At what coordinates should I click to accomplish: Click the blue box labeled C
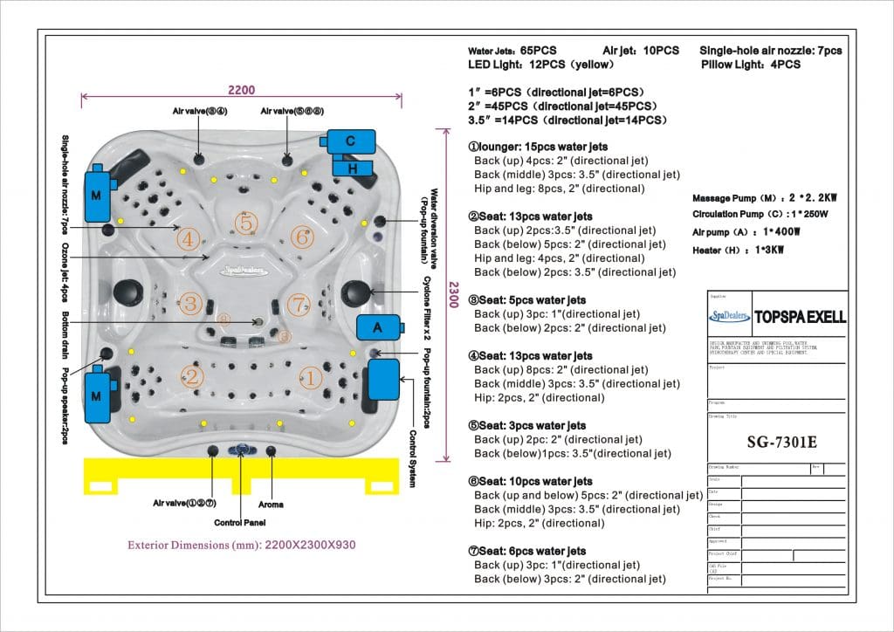tap(350, 141)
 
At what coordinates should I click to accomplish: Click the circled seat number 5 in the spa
tap(247, 223)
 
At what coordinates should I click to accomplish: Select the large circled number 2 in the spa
tap(191, 377)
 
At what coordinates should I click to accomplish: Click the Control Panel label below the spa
tap(240, 523)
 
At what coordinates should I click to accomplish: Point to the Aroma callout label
tap(271, 505)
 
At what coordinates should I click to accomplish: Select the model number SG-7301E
tap(776, 442)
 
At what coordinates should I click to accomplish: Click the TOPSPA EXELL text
tap(800, 317)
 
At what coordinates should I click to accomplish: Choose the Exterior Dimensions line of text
tap(242, 546)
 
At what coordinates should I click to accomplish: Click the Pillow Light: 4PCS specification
tap(750, 65)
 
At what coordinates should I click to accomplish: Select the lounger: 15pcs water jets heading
tap(538, 147)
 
